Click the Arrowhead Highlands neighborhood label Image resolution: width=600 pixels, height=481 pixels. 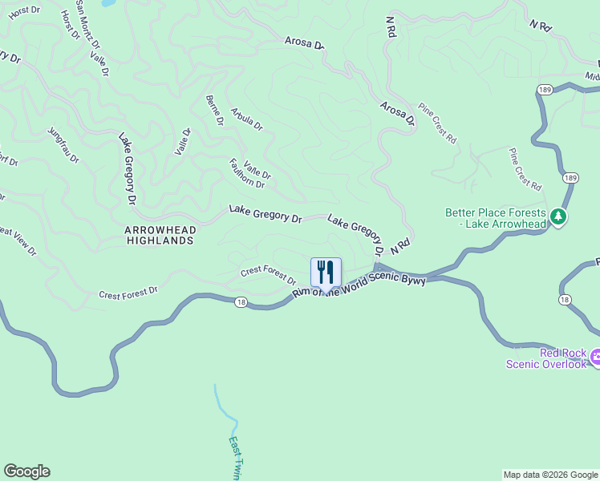[x=160, y=234]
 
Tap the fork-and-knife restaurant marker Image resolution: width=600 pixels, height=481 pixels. [x=326, y=273]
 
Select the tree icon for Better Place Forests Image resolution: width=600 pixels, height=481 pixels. [x=558, y=216]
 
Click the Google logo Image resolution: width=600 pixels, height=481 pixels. [x=26, y=471]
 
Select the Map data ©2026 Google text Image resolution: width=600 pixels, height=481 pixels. [x=550, y=475]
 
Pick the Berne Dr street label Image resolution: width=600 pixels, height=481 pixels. [x=215, y=111]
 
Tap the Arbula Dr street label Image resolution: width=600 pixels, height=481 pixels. [x=246, y=119]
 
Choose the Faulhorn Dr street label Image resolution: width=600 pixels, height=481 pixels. [x=246, y=173]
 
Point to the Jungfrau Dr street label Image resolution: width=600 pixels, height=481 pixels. [x=63, y=145]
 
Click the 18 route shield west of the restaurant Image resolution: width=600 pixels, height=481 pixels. [x=241, y=302]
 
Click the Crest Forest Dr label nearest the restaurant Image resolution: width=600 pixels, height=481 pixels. [x=269, y=274]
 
